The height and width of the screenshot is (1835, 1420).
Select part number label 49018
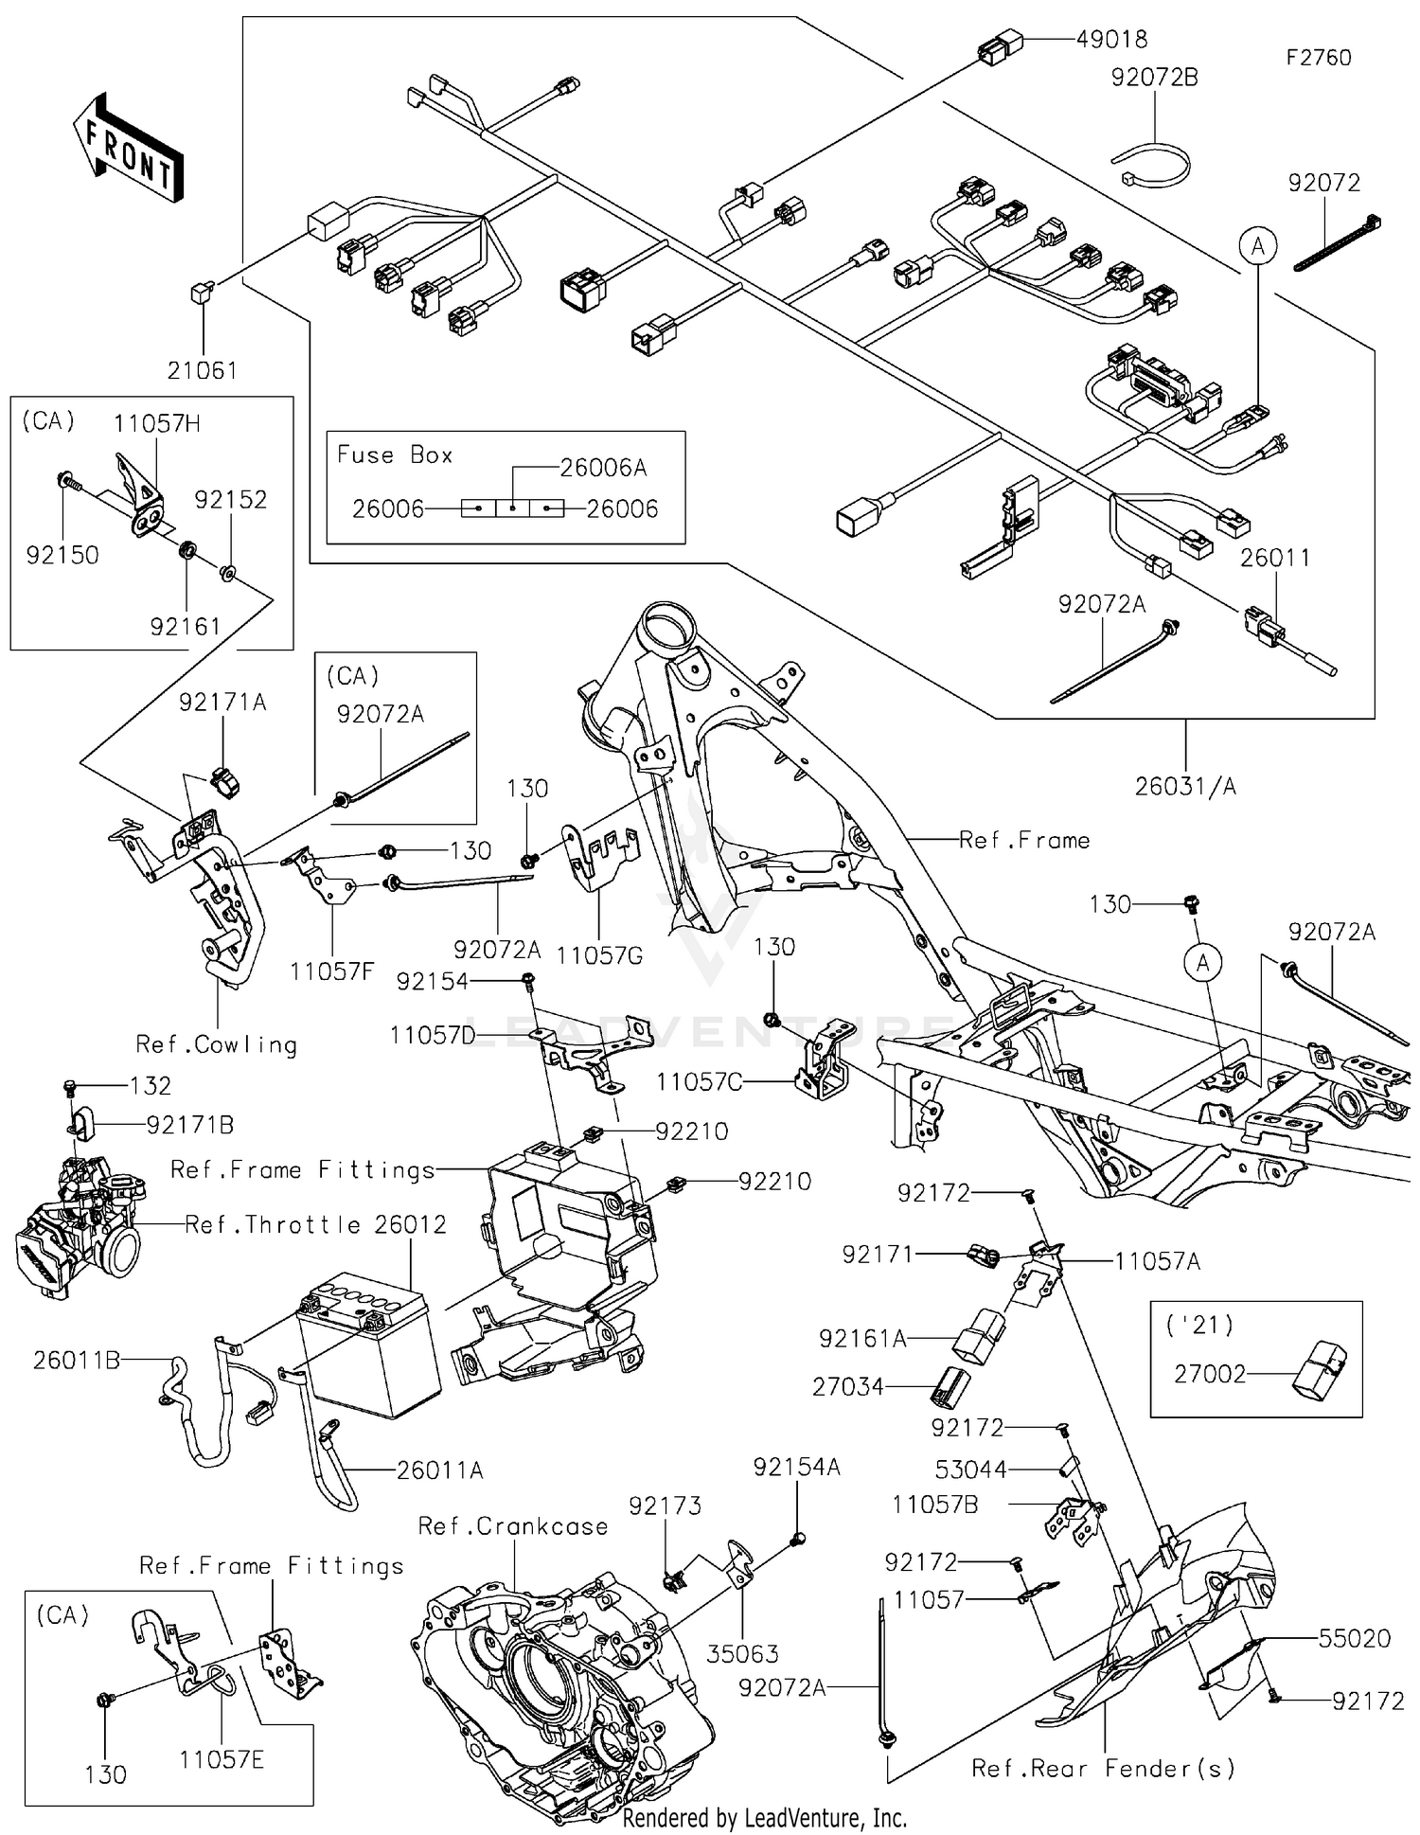1111,40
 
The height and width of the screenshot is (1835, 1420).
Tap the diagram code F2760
1319,58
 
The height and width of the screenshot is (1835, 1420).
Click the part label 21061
202,370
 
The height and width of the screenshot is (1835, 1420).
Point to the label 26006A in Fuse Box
603,468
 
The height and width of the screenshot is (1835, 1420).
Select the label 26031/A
1185,786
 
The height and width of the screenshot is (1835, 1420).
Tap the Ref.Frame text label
1024,840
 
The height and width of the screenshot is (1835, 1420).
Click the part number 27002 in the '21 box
1210,1373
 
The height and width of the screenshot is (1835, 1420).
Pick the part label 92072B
1154,78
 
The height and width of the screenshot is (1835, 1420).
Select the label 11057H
157,423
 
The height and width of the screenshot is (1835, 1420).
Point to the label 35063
743,1653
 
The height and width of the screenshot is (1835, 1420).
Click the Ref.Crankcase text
513,1525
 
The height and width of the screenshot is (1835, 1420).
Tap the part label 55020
1355,1638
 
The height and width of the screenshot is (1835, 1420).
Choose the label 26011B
77,1361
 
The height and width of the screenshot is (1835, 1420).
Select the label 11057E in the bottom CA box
222,1759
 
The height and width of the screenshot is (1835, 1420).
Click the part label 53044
970,1469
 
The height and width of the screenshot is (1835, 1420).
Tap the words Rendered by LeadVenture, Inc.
765,1818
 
